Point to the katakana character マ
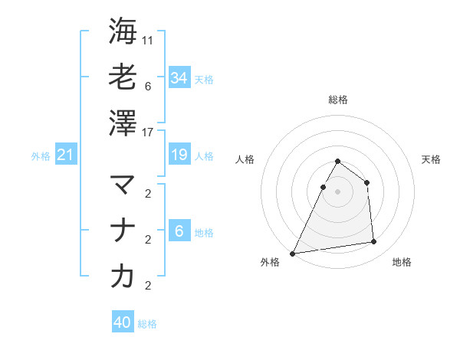tap(123, 185)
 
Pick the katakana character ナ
tap(123, 231)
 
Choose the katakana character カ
tap(123, 277)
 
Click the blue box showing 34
tap(179, 77)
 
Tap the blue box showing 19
tap(179, 155)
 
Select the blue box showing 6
tap(179, 231)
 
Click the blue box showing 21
tap(65, 155)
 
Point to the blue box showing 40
tap(123, 322)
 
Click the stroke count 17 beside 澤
tap(149, 133)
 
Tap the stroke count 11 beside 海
tap(149, 40)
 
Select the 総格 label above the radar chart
tap(337, 100)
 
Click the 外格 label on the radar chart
tap(270, 262)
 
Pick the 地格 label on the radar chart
tap(402, 262)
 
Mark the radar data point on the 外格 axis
tap(292, 253)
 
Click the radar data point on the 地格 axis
tap(374, 242)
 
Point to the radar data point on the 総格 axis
tap(337, 162)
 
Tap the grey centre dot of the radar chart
tap(337, 191)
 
